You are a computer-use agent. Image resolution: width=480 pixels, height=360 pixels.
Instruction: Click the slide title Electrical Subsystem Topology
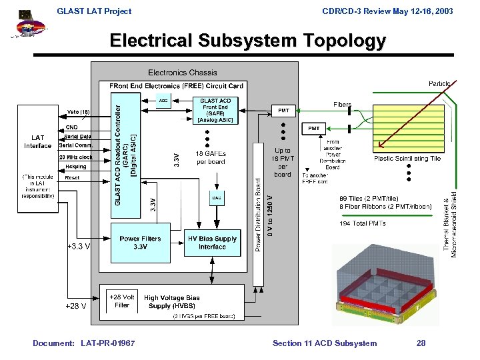click(247, 41)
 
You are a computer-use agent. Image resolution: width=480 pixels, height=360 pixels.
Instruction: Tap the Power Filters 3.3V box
click(140, 243)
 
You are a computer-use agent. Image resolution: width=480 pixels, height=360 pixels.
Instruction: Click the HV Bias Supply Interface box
click(212, 243)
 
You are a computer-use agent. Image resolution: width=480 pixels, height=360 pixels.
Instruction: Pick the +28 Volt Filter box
click(122, 301)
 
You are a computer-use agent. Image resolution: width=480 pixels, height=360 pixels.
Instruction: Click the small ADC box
click(163, 101)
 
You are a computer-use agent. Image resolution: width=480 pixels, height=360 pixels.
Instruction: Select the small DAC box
click(217, 197)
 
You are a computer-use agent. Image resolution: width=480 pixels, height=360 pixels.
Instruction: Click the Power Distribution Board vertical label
click(259, 213)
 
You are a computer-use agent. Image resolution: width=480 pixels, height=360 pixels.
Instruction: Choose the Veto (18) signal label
click(79, 111)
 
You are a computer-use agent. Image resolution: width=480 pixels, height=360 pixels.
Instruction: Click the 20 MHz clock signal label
click(76, 157)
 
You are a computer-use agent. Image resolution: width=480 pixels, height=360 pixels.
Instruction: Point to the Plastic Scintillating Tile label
click(407, 159)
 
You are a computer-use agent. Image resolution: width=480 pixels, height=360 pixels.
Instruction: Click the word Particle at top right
click(439, 83)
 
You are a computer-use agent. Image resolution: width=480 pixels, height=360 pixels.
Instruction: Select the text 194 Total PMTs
click(363, 223)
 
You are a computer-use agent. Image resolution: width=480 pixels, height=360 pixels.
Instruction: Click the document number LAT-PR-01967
click(107, 343)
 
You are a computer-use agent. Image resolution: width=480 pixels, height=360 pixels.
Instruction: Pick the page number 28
click(421, 343)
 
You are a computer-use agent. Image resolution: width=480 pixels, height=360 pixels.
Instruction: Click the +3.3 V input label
click(79, 246)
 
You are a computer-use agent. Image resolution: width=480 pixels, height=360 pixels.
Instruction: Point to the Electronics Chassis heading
click(182, 72)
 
